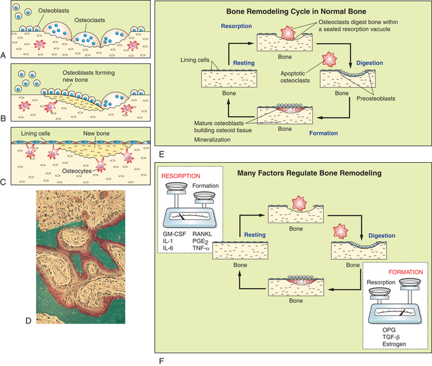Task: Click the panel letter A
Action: coord(5,55)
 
